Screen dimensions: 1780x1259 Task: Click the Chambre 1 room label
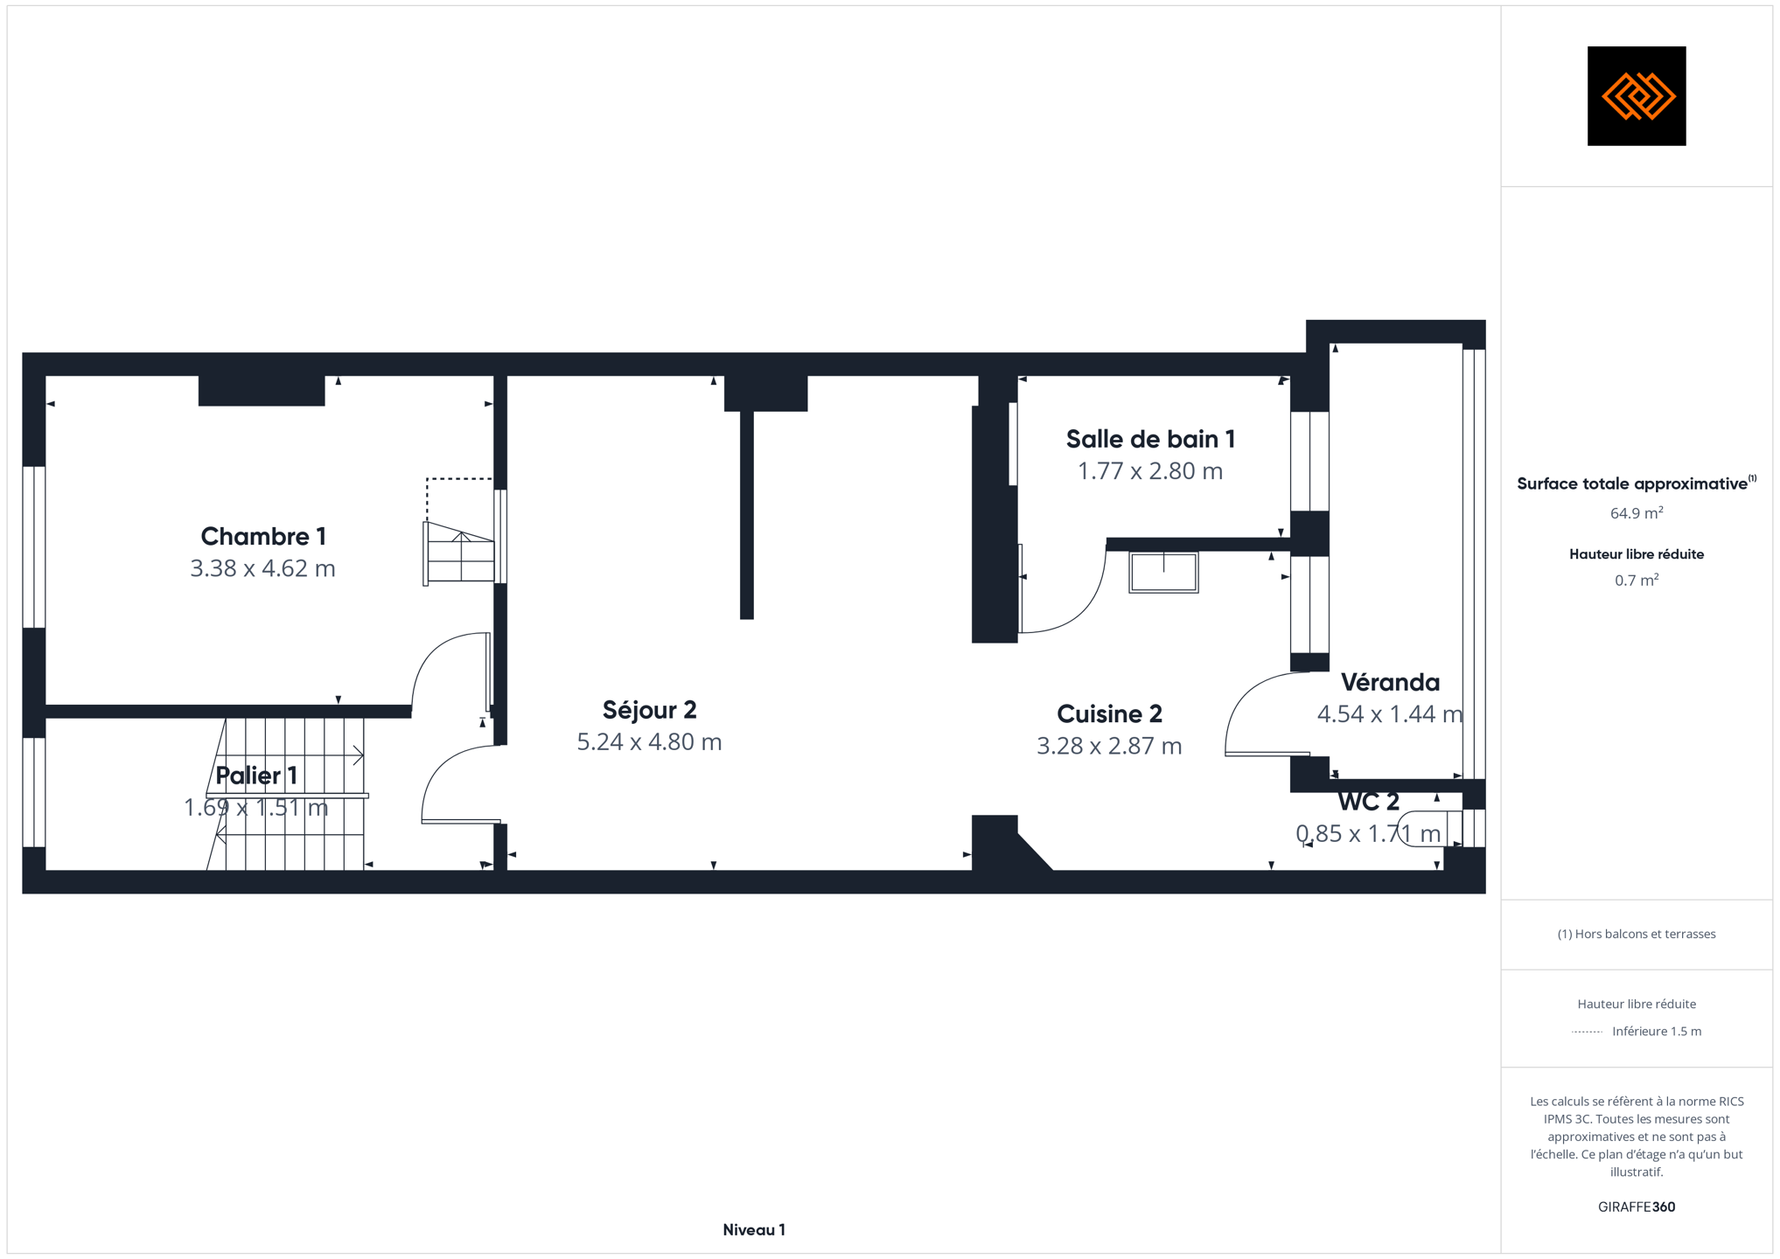(x=263, y=536)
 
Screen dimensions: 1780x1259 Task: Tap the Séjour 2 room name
(x=649, y=710)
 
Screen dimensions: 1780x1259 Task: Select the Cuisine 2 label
(x=1109, y=714)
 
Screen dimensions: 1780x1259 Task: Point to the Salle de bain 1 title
(x=1150, y=439)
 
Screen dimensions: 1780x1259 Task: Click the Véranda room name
(x=1390, y=682)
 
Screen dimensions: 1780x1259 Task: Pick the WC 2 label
(x=1368, y=802)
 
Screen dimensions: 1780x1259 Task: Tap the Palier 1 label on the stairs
(x=256, y=776)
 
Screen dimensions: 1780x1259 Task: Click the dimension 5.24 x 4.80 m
(x=649, y=742)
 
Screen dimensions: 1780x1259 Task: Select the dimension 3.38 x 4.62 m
(x=263, y=568)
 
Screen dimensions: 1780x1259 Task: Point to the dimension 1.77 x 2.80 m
(x=1150, y=471)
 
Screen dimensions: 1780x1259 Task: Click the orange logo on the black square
(x=1637, y=96)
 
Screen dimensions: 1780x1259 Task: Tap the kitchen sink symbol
(x=1163, y=573)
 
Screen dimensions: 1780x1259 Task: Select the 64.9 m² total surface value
(x=1637, y=513)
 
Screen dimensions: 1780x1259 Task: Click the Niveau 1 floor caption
(x=754, y=1230)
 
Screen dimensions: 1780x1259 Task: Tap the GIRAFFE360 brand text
(x=1637, y=1207)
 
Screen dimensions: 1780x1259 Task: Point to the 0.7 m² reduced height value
(x=1637, y=581)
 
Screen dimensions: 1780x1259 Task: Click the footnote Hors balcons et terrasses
(x=1637, y=935)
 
